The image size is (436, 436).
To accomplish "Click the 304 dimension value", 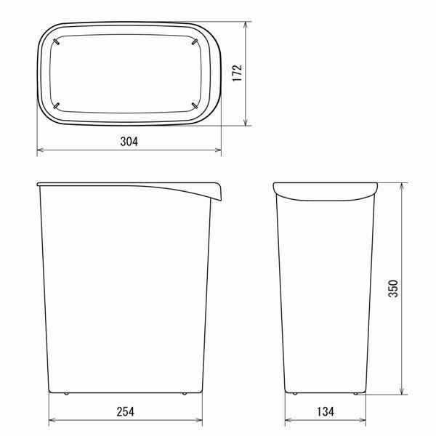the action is point(129,142).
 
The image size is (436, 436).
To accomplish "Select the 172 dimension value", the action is point(238,73).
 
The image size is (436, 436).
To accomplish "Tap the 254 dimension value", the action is point(126,412).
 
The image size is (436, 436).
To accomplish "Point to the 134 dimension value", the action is point(326,412).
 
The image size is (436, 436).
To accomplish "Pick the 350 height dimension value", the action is point(393,288).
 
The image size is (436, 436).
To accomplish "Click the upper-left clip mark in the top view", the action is point(56,41).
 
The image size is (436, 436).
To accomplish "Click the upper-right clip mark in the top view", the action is point(195,41).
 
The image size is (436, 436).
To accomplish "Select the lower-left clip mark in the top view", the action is point(56,106).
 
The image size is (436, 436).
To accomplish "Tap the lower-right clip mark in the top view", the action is point(195,106).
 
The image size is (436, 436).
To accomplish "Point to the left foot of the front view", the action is point(66,394).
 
